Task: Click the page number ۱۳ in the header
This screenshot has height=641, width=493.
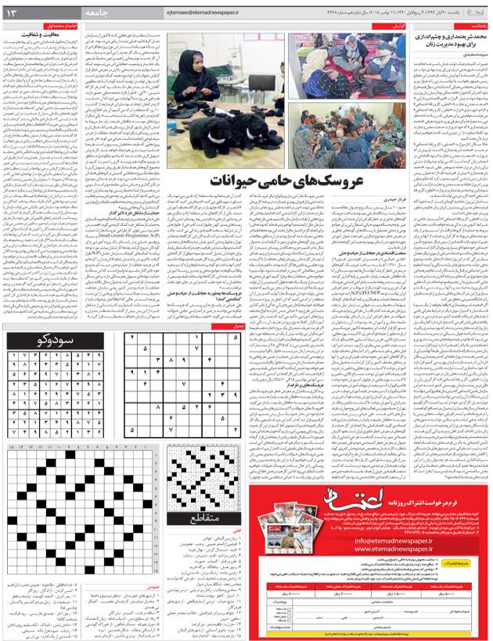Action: pyautogui.click(x=17, y=12)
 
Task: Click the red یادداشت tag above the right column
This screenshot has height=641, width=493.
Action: pyautogui.click(x=469, y=26)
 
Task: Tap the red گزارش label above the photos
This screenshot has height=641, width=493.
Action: pyautogui.click(x=398, y=26)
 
